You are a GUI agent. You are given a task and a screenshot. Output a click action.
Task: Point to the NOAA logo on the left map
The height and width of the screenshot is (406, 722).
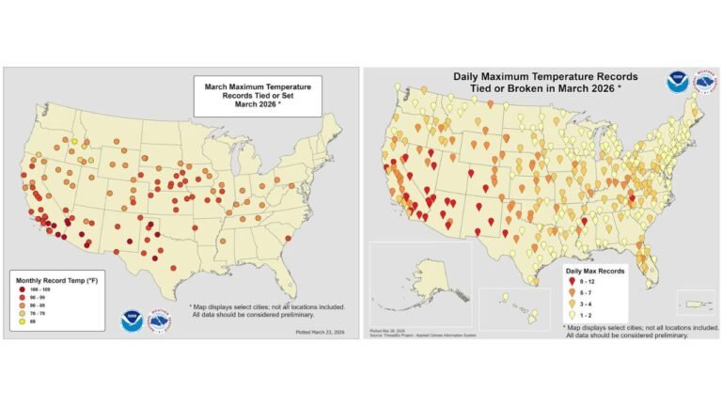[132, 320]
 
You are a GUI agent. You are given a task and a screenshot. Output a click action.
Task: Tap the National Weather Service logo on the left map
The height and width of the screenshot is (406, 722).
[161, 320]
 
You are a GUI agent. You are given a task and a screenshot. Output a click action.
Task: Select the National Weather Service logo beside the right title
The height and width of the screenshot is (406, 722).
[701, 82]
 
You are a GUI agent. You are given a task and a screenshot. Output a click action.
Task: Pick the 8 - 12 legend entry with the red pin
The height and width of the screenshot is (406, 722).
[584, 281]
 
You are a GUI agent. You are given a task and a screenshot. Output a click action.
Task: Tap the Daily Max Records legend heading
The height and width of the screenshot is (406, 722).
[596, 269]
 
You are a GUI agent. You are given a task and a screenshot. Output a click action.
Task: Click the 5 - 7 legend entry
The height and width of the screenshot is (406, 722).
[584, 293]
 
